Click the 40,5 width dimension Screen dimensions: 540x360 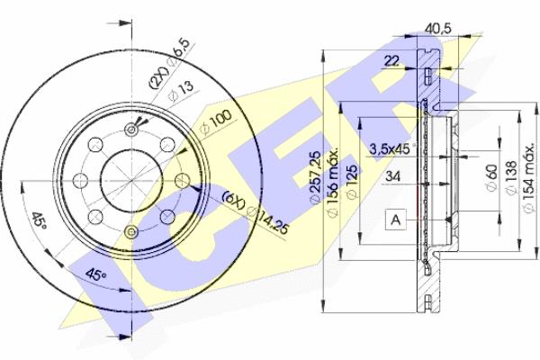[437, 28]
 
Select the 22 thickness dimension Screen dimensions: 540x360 [391, 61]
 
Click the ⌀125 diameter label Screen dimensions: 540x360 [352, 182]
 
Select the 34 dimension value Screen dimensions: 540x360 [392, 176]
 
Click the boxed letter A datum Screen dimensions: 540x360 [396, 220]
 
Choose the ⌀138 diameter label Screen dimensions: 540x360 [510, 178]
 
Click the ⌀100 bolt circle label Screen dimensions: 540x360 [215, 122]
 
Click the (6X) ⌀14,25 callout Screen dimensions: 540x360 [255, 212]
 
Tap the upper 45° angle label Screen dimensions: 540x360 [39, 221]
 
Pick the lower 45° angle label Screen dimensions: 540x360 [95, 274]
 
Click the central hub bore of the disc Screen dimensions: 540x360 [131, 181]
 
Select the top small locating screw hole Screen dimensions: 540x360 [131, 130]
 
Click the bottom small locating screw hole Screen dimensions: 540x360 [131, 231]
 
